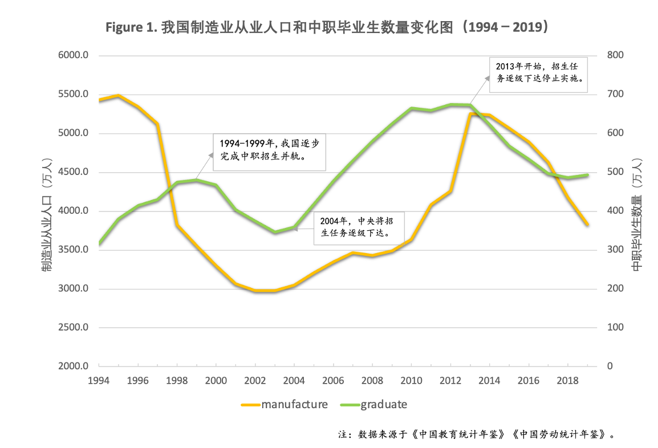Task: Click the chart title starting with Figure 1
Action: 329,27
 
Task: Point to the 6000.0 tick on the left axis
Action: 73,56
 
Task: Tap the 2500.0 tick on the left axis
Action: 73,328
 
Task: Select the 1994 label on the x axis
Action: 99,380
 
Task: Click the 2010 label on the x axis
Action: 411,380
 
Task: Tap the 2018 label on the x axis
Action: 567,380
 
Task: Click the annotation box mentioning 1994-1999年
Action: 269,152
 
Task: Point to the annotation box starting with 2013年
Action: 538,75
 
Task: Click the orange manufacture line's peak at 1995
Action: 118,96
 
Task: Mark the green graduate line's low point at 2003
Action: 275,232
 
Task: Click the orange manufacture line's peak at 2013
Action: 470,115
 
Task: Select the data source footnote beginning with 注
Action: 477,434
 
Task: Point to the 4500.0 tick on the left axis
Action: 73,173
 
